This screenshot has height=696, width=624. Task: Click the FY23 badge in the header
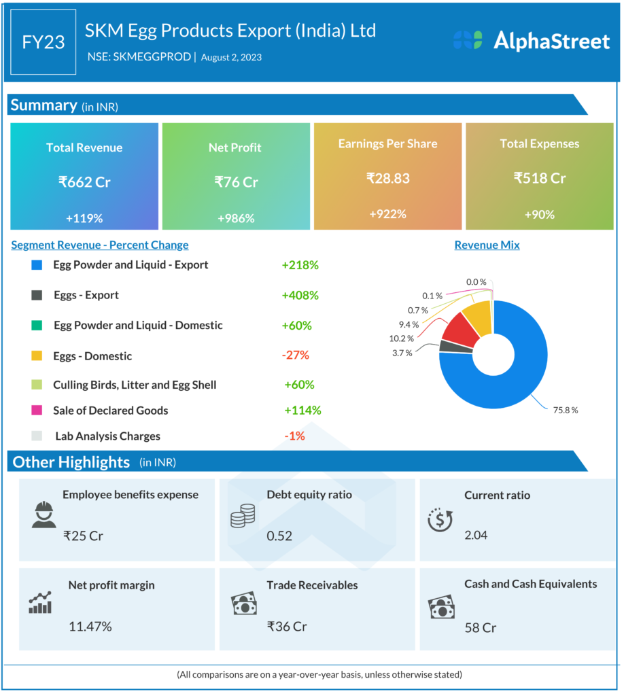pyautogui.click(x=44, y=42)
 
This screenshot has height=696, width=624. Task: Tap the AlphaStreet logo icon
pyautogui.click(x=468, y=40)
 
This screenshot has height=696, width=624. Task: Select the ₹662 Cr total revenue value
pyautogui.click(x=84, y=182)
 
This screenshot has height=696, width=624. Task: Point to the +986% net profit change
pyautogui.click(x=236, y=218)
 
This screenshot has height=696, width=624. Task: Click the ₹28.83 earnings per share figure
pyautogui.click(x=387, y=179)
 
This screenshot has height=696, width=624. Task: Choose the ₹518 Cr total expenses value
pyautogui.click(x=540, y=179)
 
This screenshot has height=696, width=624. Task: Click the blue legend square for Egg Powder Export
pyautogui.click(x=37, y=265)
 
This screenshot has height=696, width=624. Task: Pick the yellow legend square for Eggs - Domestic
pyautogui.click(x=37, y=356)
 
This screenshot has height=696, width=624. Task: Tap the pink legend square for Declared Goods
pyautogui.click(x=37, y=411)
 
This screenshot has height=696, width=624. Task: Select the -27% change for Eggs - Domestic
pyautogui.click(x=296, y=355)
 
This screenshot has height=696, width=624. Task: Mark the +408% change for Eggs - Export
pyautogui.click(x=300, y=296)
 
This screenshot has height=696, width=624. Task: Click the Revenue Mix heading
pyautogui.click(x=487, y=245)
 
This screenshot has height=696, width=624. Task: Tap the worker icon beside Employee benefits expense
pyautogui.click(x=44, y=515)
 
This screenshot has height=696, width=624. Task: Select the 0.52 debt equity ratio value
pyautogui.click(x=279, y=536)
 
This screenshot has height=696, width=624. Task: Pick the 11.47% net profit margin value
pyautogui.click(x=90, y=626)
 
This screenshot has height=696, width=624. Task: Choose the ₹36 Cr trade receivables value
pyautogui.click(x=286, y=626)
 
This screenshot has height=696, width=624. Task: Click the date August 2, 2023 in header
pyautogui.click(x=231, y=57)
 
